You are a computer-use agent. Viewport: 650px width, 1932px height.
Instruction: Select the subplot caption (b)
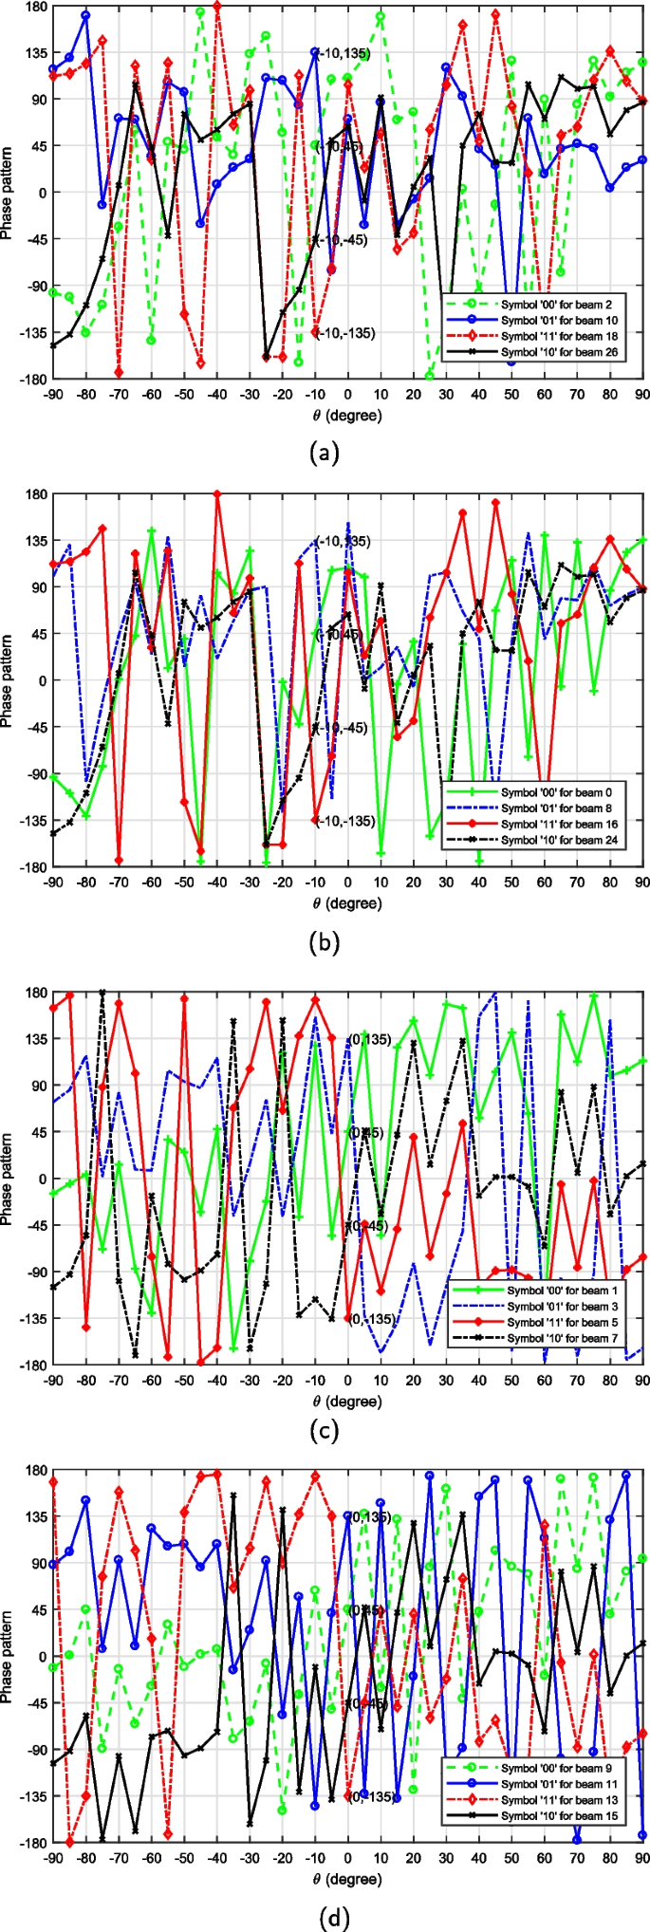click(x=325, y=942)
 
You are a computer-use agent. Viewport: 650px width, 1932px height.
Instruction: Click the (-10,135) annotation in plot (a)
click(x=344, y=53)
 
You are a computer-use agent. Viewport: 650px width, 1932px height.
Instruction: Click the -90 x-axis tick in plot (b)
click(x=53, y=883)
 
